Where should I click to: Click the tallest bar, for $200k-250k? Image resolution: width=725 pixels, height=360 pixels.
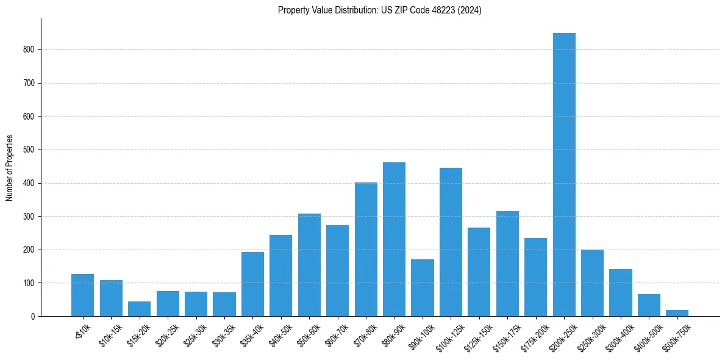pos(564,175)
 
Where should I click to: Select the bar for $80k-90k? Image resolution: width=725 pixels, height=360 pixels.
pos(394,239)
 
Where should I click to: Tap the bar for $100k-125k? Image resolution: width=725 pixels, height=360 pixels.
pos(451,242)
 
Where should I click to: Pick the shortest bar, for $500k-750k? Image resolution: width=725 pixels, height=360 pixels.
pos(677,313)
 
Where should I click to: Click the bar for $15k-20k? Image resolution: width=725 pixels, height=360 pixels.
pos(139,309)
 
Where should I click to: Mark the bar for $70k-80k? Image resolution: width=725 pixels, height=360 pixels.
pos(366,250)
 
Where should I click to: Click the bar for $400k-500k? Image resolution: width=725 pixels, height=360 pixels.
pos(649,305)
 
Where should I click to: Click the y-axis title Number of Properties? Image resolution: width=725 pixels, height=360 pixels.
pos(9,168)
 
